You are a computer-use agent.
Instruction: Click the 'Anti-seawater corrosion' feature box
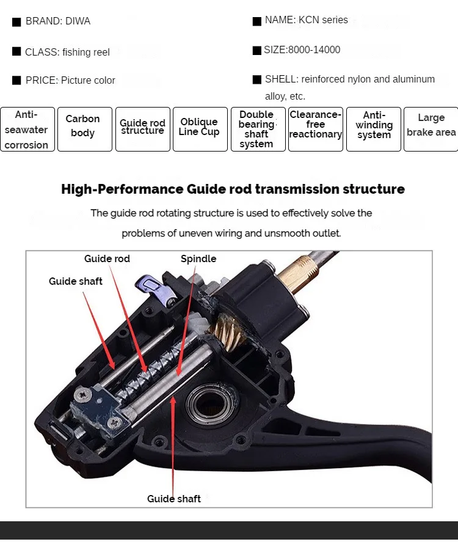click(27, 130)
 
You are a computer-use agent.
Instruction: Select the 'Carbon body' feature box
click(85, 130)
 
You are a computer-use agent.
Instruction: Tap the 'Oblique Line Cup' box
click(200, 130)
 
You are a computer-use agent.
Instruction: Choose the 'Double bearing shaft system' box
click(258, 130)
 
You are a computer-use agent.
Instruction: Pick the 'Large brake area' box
click(431, 130)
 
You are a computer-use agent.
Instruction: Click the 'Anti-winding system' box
click(374, 130)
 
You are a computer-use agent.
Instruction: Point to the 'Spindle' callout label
click(198, 259)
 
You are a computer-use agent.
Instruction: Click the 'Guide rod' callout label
click(107, 259)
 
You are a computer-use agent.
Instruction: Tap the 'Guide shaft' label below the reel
click(174, 499)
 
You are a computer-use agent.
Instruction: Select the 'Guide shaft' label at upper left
click(75, 281)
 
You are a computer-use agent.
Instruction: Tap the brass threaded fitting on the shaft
click(297, 273)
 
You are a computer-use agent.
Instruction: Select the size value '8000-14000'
click(314, 50)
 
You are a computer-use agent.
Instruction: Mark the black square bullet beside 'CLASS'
click(16, 51)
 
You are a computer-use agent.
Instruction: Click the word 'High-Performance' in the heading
click(122, 189)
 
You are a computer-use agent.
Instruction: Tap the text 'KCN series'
click(323, 20)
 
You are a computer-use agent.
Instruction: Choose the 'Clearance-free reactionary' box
click(316, 130)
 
